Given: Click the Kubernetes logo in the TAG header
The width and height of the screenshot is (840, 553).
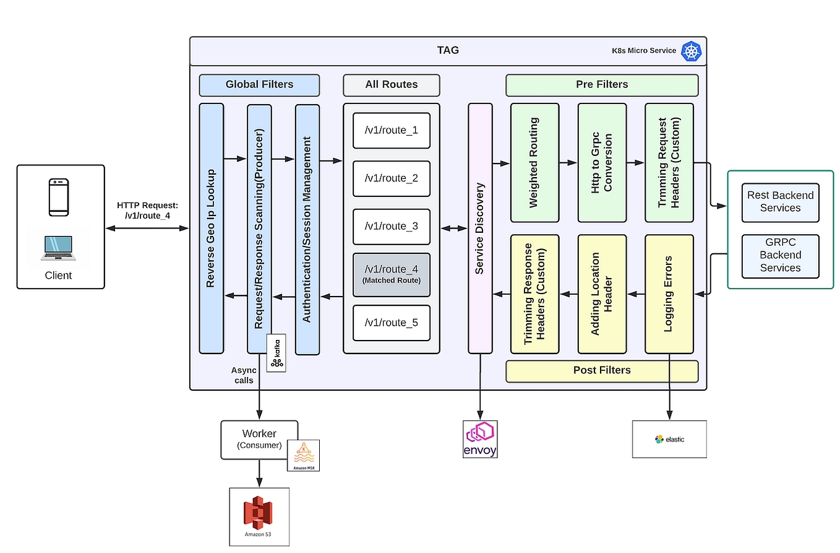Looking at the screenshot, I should (691, 51).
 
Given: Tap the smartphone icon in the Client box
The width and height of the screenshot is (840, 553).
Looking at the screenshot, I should (59, 197).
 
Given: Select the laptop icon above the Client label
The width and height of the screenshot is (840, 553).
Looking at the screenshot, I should (59, 247).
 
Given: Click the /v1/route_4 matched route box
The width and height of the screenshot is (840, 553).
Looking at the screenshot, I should (391, 274).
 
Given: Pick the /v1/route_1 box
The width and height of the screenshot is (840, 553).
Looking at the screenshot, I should (391, 131).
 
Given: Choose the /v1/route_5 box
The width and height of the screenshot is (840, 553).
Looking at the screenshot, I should (391, 323).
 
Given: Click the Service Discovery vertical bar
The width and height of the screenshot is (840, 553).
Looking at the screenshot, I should (480, 228).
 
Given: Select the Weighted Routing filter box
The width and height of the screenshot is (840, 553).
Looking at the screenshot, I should (534, 162).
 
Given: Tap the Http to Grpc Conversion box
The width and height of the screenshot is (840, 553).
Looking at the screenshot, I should (601, 162).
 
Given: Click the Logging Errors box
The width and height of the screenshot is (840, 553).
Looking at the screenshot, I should (669, 294).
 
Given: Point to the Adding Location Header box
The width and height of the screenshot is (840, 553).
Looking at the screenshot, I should (601, 294).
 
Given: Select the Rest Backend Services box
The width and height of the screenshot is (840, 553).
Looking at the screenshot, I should (780, 202).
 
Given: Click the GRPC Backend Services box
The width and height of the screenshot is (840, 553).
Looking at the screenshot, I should (780, 255).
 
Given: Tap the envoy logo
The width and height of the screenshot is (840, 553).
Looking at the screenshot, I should (480, 439).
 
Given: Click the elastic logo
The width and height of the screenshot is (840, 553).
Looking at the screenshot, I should (669, 439).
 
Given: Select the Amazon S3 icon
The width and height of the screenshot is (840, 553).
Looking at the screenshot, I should (259, 516).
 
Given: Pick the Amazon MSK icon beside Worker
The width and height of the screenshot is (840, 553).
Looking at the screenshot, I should (303, 455).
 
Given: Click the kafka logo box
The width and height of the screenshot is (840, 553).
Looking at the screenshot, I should (276, 353).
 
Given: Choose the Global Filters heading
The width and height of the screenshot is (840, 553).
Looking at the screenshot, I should (259, 85).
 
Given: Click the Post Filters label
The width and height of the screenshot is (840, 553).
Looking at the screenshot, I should (601, 370).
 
